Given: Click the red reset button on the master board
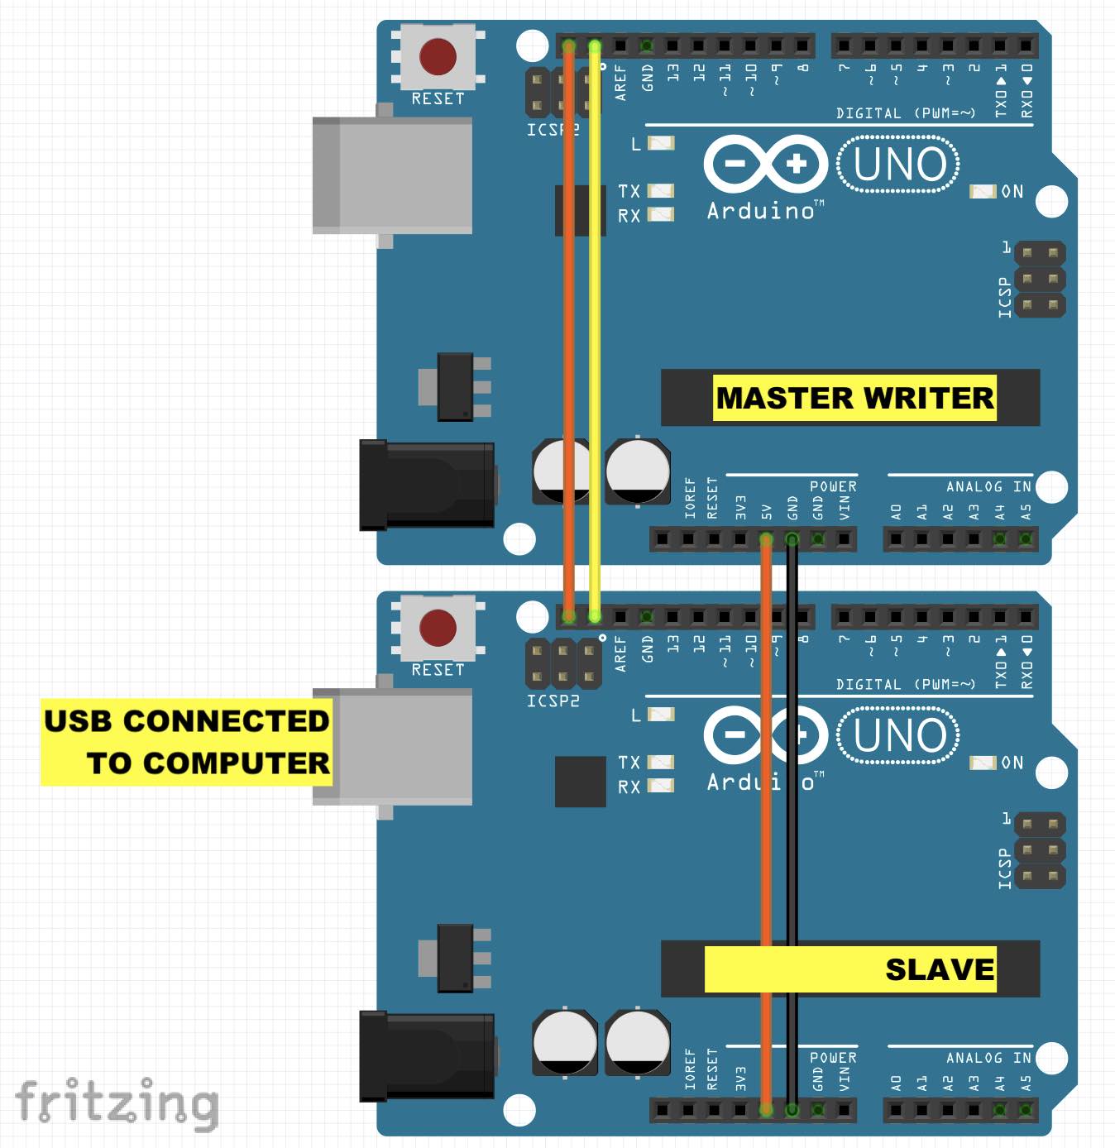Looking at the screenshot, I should [438, 56].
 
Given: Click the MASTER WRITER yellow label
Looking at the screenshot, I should [854, 398].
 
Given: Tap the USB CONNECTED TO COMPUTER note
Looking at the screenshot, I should [186, 742].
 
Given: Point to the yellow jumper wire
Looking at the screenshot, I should [595, 331].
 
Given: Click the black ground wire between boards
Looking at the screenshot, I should [792, 827].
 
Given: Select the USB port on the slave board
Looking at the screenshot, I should [392, 747].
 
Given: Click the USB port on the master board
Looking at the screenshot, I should [392, 175].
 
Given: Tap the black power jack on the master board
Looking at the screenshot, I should [427, 485].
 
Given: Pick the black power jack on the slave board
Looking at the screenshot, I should [427, 1056].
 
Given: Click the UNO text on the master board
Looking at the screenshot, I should [899, 164].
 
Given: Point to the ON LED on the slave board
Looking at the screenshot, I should [983, 763].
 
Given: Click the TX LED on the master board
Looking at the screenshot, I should [661, 191].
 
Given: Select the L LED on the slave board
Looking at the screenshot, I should [661, 715].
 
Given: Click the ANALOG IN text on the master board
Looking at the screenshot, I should [988, 486].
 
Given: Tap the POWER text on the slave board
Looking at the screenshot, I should [832, 1058].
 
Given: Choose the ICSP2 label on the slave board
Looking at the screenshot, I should [553, 701].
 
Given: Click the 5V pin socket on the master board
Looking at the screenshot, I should [766, 540].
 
